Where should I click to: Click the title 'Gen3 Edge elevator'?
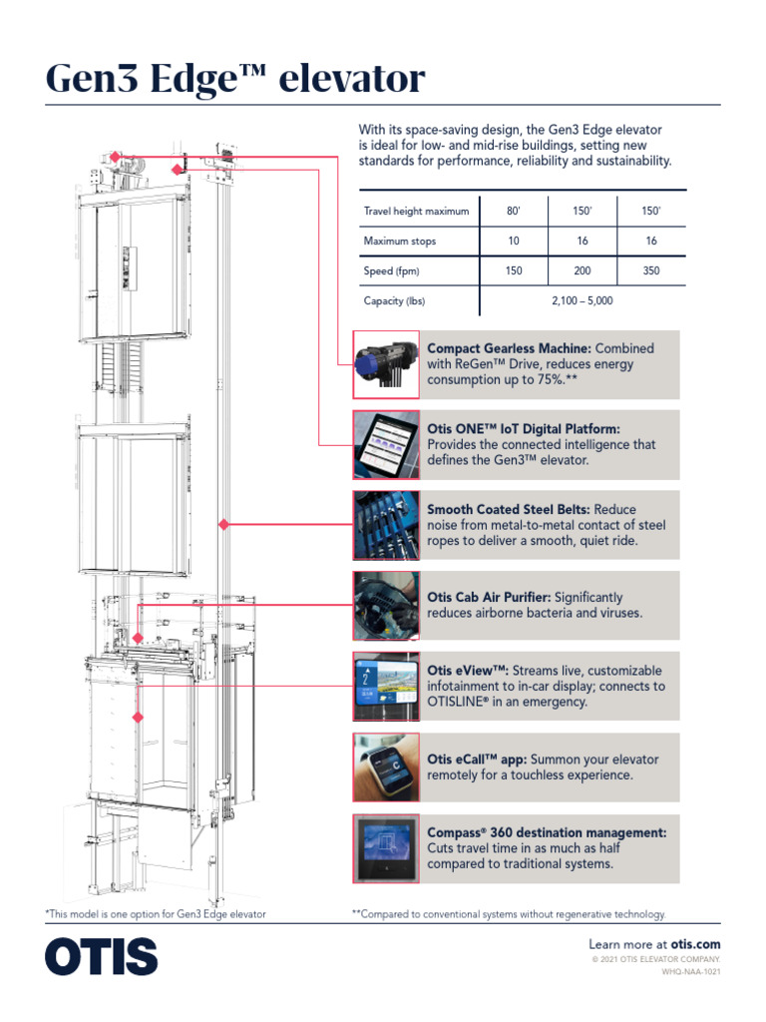[x=235, y=79]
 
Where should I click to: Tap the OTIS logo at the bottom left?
[x=101, y=956]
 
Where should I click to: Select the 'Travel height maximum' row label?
[x=416, y=212]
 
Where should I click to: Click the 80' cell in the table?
[x=514, y=212]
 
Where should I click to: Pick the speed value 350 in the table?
[x=651, y=270]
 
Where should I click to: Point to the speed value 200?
[x=582, y=270]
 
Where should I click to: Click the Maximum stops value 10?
[x=514, y=242]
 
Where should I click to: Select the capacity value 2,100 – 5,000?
[x=582, y=300]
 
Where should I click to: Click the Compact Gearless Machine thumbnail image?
[x=386, y=365]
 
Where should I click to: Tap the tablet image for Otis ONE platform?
[x=386, y=445]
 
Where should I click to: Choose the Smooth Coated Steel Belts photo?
[x=386, y=526]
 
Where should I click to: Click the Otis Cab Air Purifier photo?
[x=386, y=606]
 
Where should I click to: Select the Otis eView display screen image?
[x=386, y=687]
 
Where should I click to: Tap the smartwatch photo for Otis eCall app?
[x=386, y=767]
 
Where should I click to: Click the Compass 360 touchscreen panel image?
[x=386, y=848]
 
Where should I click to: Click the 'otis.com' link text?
[x=694, y=944]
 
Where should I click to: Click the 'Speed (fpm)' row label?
[x=391, y=270]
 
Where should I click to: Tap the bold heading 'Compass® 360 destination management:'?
[x=547, y=832]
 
